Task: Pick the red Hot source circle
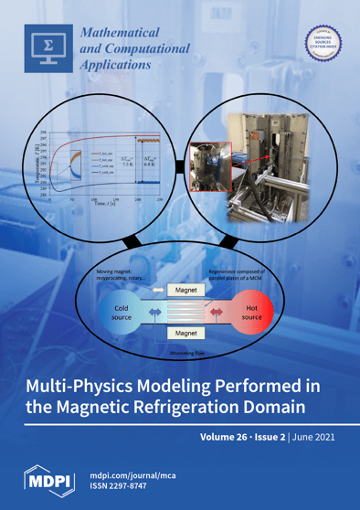pyautogui.click(x=252, y=313)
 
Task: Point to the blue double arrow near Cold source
pyautogui.click(x=154, y=313)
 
